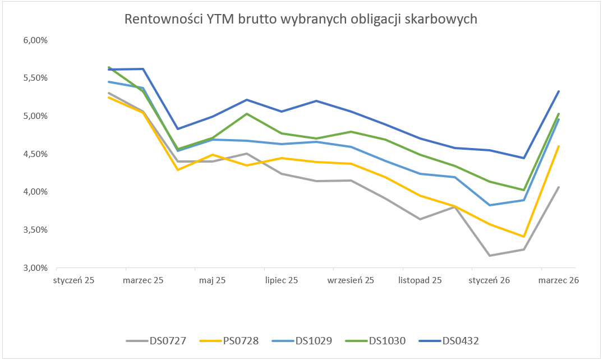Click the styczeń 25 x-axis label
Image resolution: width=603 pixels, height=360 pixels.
[74, 280]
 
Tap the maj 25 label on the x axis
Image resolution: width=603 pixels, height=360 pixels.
[212, 280]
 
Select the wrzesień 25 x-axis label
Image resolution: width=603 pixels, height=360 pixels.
[351, 280]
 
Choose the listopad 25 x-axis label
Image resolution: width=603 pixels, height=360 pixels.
[420, 280]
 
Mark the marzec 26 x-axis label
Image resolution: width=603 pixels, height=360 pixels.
[559, 280]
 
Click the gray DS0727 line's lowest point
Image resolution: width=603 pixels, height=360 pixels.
[490, 256]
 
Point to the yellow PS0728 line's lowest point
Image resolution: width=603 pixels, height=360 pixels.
[524, 237]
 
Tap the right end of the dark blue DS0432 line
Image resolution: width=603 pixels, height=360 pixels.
[559, 91]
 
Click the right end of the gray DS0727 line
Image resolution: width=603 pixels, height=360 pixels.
[559, 187]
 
